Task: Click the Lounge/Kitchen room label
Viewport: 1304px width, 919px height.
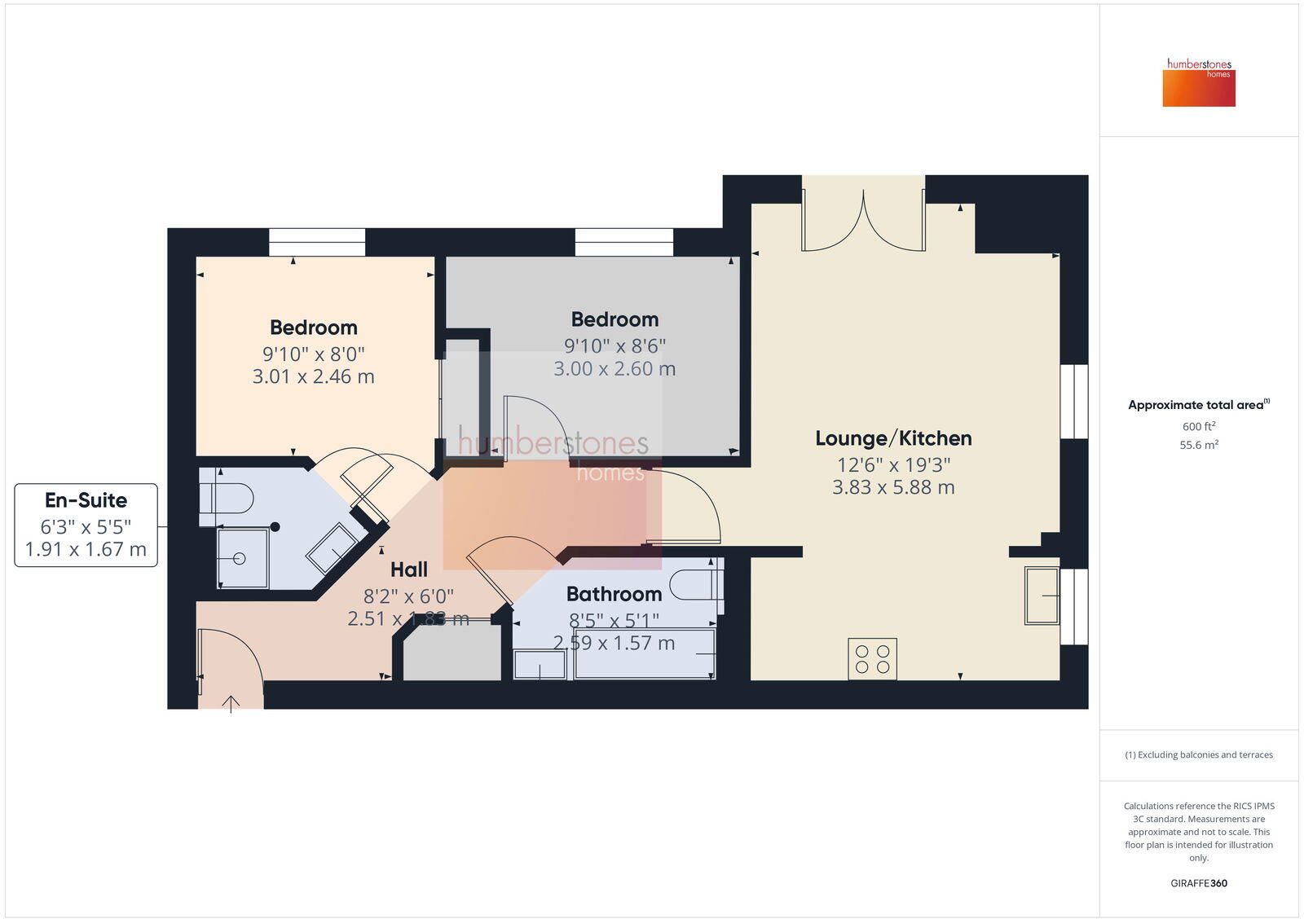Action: click(893, 438)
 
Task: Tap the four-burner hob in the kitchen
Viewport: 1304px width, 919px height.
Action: click(872, 659)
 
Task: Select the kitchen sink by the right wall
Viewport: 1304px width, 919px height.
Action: click(1042, 596)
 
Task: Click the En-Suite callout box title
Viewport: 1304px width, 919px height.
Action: click(86, 500)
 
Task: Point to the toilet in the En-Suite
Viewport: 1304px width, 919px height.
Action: click(228, 498)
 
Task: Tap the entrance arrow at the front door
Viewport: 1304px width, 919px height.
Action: click(231, 703)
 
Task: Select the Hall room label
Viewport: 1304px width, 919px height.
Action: click(408, 569)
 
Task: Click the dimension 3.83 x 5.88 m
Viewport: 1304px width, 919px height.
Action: click(893, 487)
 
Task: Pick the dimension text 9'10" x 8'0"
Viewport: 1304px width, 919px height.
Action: click(313, 354)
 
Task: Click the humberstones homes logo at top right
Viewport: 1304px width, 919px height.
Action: click(1198, 82)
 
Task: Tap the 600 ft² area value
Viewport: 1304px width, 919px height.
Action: click(1198, 427)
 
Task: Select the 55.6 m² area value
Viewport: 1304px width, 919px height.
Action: click(1198, 446)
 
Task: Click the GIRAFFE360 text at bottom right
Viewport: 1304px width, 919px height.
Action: click(1198, 883)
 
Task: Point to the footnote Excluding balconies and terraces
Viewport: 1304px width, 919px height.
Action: click(1198, 755)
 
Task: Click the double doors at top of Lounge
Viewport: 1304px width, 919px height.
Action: click(863, 220)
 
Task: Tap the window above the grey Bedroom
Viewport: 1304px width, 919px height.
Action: click(623, 243)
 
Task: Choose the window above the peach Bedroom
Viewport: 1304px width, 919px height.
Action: click(316, 243)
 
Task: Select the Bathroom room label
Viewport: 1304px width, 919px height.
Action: click(614, 594)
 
